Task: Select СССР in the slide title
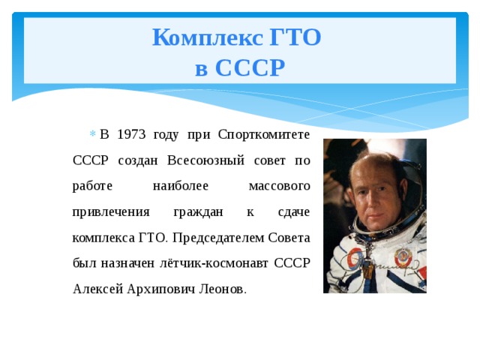tap(250, 68)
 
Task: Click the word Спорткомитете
tap(264, 135)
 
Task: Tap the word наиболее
tap(179, 186)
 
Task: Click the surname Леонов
tap(218, 289)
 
